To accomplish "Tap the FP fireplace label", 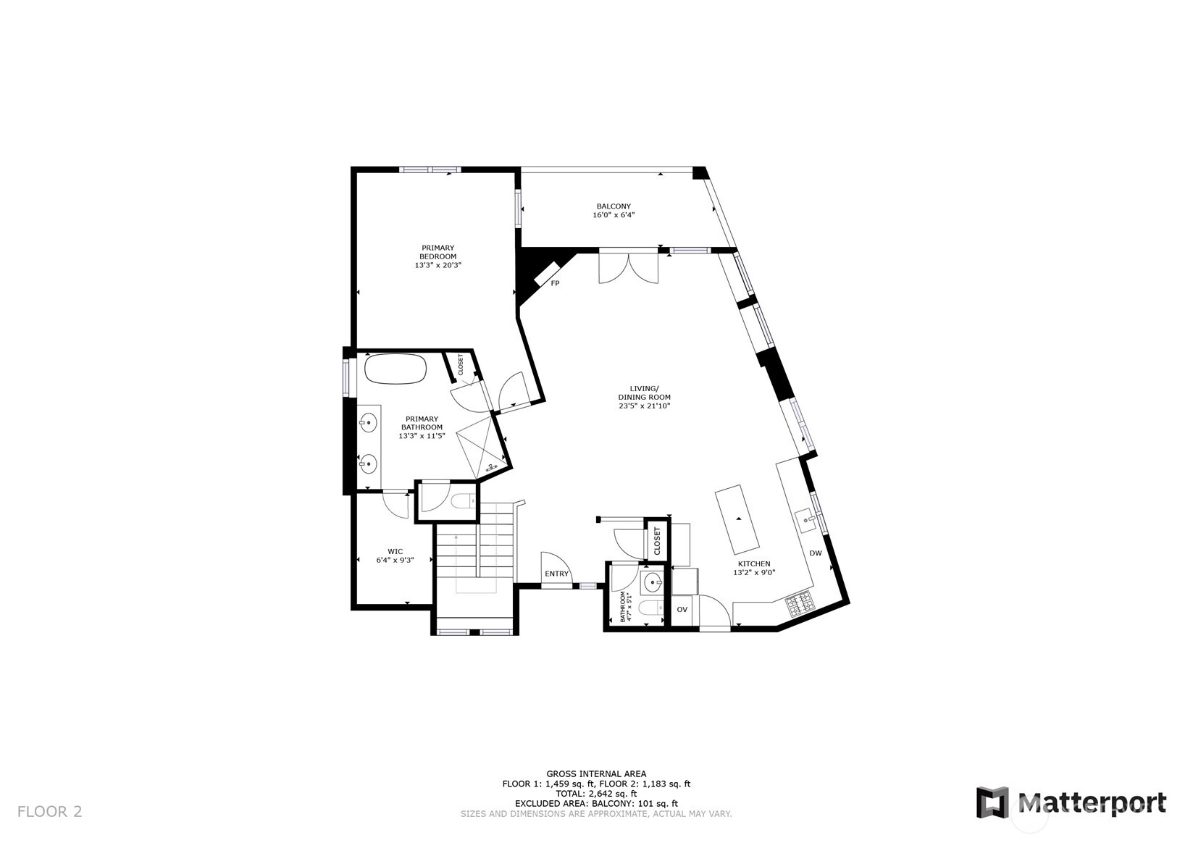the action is pyautogui.click(x=555, y=283).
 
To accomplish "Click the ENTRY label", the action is pyautogui.click(x=556, y=574).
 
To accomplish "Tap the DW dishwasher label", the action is pyautogui.click(x=816, y=553).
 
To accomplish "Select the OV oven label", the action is pyautogui.click(x=682, y=609).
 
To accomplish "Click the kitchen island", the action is pyautogui.click(x=737, y=519).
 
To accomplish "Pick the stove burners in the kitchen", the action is pyautogui.click(x=800, y=604).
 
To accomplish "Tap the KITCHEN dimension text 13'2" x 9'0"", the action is pyautogui.click(x=753, y=572).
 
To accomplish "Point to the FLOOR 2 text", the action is pyautogui.click(x=49, y=812).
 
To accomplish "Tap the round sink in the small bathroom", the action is pyautogui.click(x=653, y=582).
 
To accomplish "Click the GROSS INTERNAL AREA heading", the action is pyautogui.click(x=596, y=773).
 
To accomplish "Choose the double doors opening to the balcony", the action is pyautogui.click(x=629, y=267).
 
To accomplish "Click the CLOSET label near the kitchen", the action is pyautogui.click(x=657, y=540).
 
